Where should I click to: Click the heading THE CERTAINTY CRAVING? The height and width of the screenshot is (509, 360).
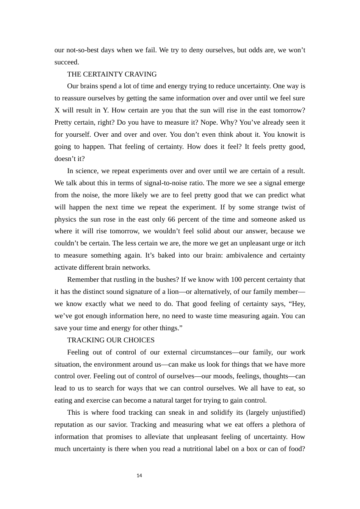click(112, 74)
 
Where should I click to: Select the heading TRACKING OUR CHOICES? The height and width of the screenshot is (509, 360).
click(111, 340)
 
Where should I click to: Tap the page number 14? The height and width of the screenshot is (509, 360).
click(139, 476)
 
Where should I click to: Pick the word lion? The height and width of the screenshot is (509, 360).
click(173, 292)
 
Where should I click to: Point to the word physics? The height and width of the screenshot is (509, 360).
click(65, 219)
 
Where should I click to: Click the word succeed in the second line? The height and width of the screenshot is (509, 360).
click(67, 62)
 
